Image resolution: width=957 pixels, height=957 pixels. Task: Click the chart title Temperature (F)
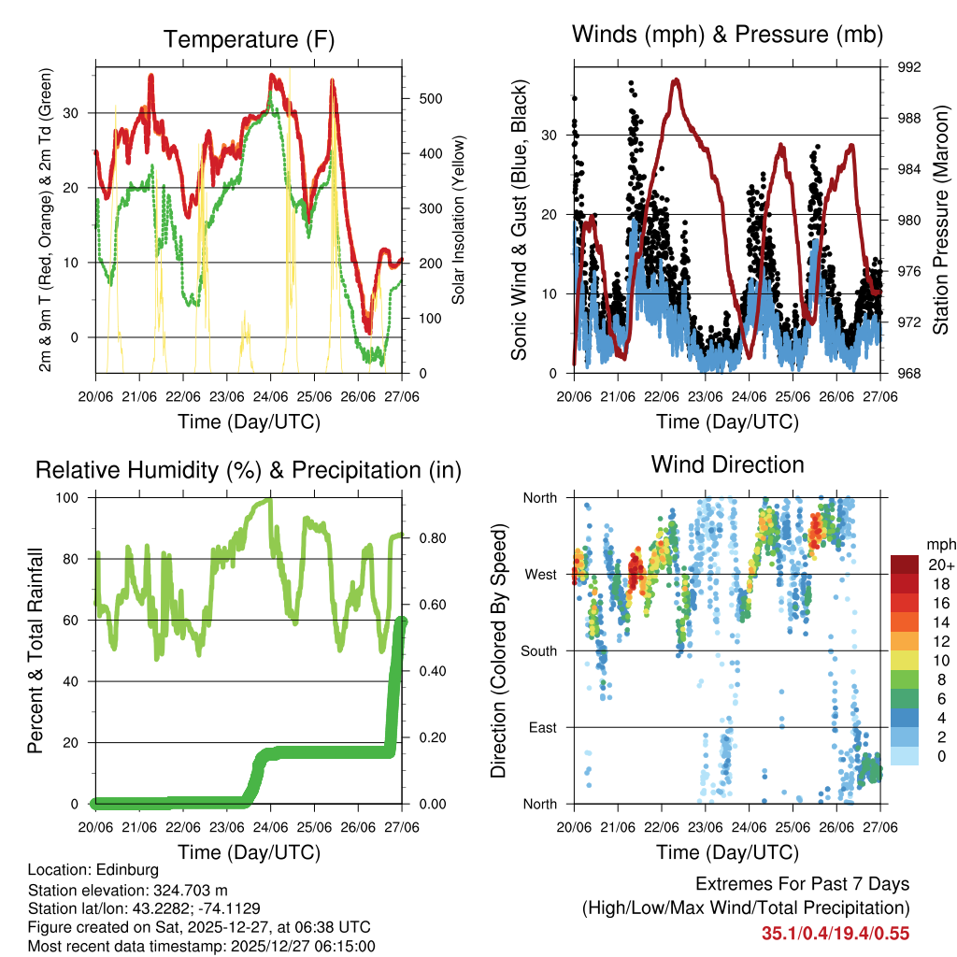pyautogui.click(x=249, y=39)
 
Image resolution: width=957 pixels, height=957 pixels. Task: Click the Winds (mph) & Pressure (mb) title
pyautogui.click(x=727, y=35)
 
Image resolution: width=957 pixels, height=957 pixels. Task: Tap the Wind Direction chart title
pyautogui.click(x=727, y=464)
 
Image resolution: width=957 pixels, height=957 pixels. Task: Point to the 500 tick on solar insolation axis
pyautogui.click(x=429, y=98)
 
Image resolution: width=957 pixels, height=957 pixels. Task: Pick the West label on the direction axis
pyautogui.click(x=540, y=574)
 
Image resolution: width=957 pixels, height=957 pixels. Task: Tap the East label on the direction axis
pyautogui.click(x=543, y=727)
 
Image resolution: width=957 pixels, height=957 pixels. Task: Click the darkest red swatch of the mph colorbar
pyautogui.click(x=905, y=564)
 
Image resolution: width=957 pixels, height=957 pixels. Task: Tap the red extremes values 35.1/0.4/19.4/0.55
pyautogui.click(x=836, y=933)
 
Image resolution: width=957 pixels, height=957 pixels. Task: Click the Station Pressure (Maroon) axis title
pyautogui.click(x=941, y=221)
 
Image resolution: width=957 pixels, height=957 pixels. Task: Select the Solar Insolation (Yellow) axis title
pyautogui.click(x=459, y=221)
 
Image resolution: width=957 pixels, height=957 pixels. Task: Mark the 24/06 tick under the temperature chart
pyautogui.click(x=270, y=395)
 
